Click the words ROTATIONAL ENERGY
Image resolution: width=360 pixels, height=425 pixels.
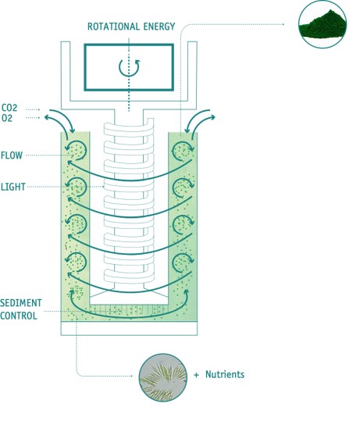pos(131,27)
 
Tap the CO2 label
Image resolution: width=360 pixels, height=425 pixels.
pos(9,108)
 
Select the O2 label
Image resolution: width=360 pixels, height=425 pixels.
pos(7,118)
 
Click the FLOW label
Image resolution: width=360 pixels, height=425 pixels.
pos(12,155)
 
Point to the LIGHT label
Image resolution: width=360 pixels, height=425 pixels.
pos(13,187)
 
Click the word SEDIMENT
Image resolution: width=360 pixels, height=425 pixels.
pos(21,303)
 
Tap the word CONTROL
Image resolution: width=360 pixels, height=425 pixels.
pos(19,316)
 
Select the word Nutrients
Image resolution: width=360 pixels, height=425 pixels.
pos(225,374)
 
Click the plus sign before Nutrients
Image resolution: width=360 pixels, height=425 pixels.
pos(196,375)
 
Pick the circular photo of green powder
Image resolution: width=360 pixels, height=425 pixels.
pos(323,24)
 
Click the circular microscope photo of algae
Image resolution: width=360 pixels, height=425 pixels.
pos(163,377)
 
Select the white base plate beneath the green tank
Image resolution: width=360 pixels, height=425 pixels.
pos(129,328)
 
